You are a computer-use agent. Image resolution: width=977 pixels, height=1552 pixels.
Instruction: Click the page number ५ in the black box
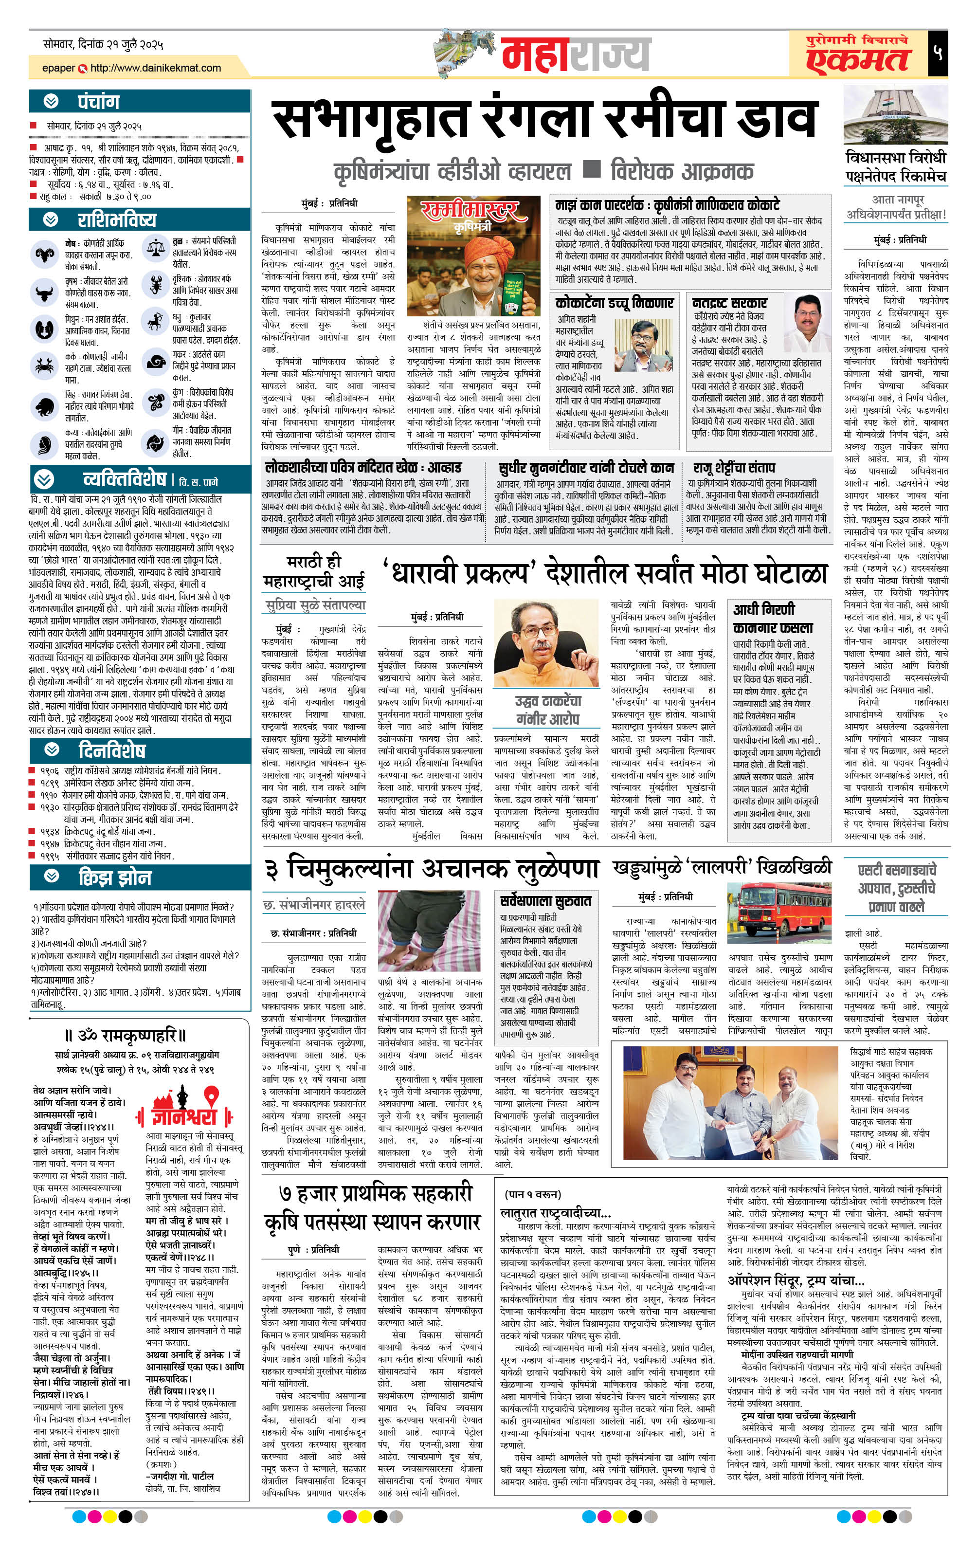[938, 52]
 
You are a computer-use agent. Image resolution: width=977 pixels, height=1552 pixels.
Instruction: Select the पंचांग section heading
[99, 102]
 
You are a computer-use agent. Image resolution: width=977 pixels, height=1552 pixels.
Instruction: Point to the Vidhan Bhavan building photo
[896, 114]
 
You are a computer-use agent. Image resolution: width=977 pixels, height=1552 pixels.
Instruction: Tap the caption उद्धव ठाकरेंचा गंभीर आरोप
[548, 710]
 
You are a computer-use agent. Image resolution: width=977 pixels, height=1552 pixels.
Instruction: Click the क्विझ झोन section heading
[115, 878]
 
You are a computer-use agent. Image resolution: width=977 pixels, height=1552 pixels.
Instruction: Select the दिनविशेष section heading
[111, 751]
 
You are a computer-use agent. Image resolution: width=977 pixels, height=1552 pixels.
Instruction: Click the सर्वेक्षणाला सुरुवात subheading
[545, 900]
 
